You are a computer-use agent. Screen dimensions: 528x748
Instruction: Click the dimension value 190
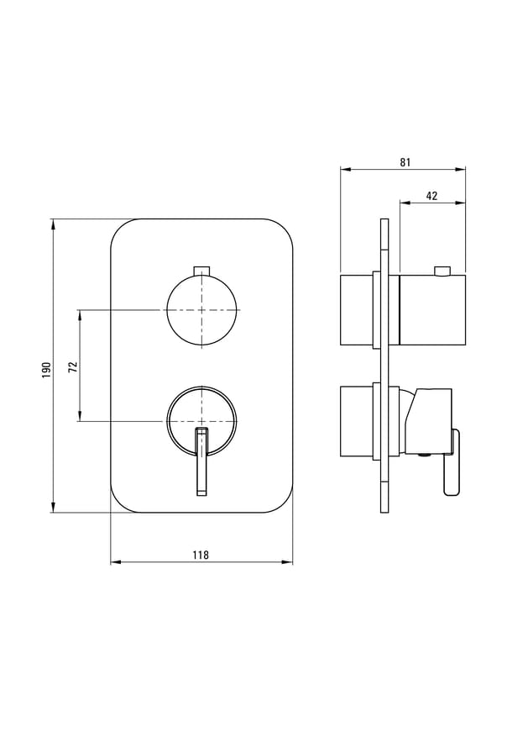(46, 370)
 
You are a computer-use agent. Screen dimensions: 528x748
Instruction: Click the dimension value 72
(73, 366)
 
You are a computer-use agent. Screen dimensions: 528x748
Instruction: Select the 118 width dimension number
(201, 555)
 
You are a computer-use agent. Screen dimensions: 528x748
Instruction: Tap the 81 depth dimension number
(405, 162)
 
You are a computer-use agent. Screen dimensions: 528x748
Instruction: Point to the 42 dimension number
(431, 196)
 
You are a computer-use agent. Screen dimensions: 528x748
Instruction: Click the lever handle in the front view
(202, 461)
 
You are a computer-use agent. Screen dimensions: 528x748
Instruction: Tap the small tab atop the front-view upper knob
(202, 271)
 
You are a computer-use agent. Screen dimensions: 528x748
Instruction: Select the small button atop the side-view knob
(442, 271)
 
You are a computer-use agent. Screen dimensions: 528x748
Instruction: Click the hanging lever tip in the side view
(452, 487)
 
